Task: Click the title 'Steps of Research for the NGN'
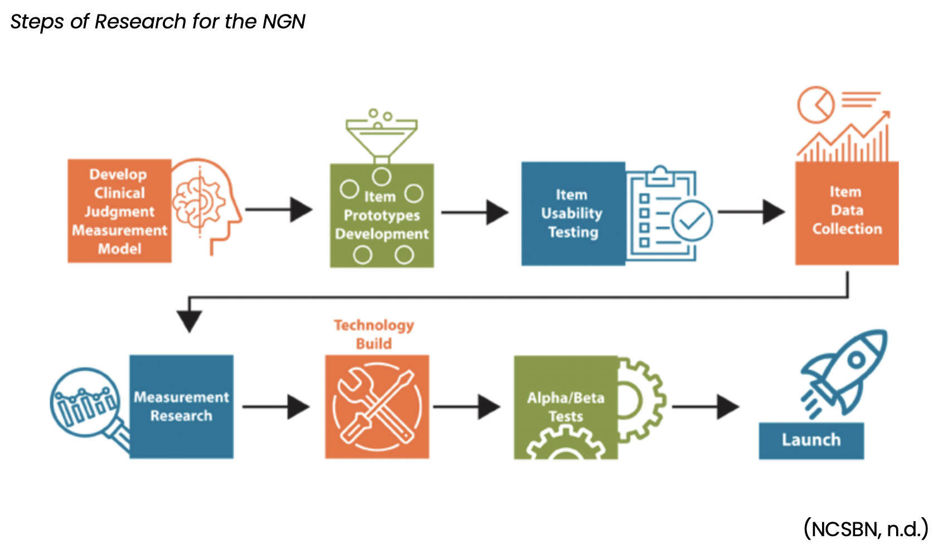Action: [x=158, y=22]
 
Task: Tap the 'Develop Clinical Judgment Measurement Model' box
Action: [x=119, y=211]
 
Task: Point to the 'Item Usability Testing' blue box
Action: [x=572, y=213]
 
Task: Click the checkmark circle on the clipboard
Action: [x=692, y=221]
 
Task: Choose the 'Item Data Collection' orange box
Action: [x=847, y=212]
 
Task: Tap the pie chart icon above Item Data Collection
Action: [x=815, y=105]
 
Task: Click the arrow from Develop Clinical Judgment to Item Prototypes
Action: [x=279, y=210]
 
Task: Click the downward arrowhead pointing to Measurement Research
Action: [x=189, y=320]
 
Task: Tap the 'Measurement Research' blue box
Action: [x=182, y=406]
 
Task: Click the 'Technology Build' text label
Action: [x=374, y=334]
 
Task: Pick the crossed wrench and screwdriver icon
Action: [x=377, y=406]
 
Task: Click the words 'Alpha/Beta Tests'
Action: [x=566, y=407]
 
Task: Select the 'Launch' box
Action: [x=811, y=440]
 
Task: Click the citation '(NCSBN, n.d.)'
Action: [x=866, y=528]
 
